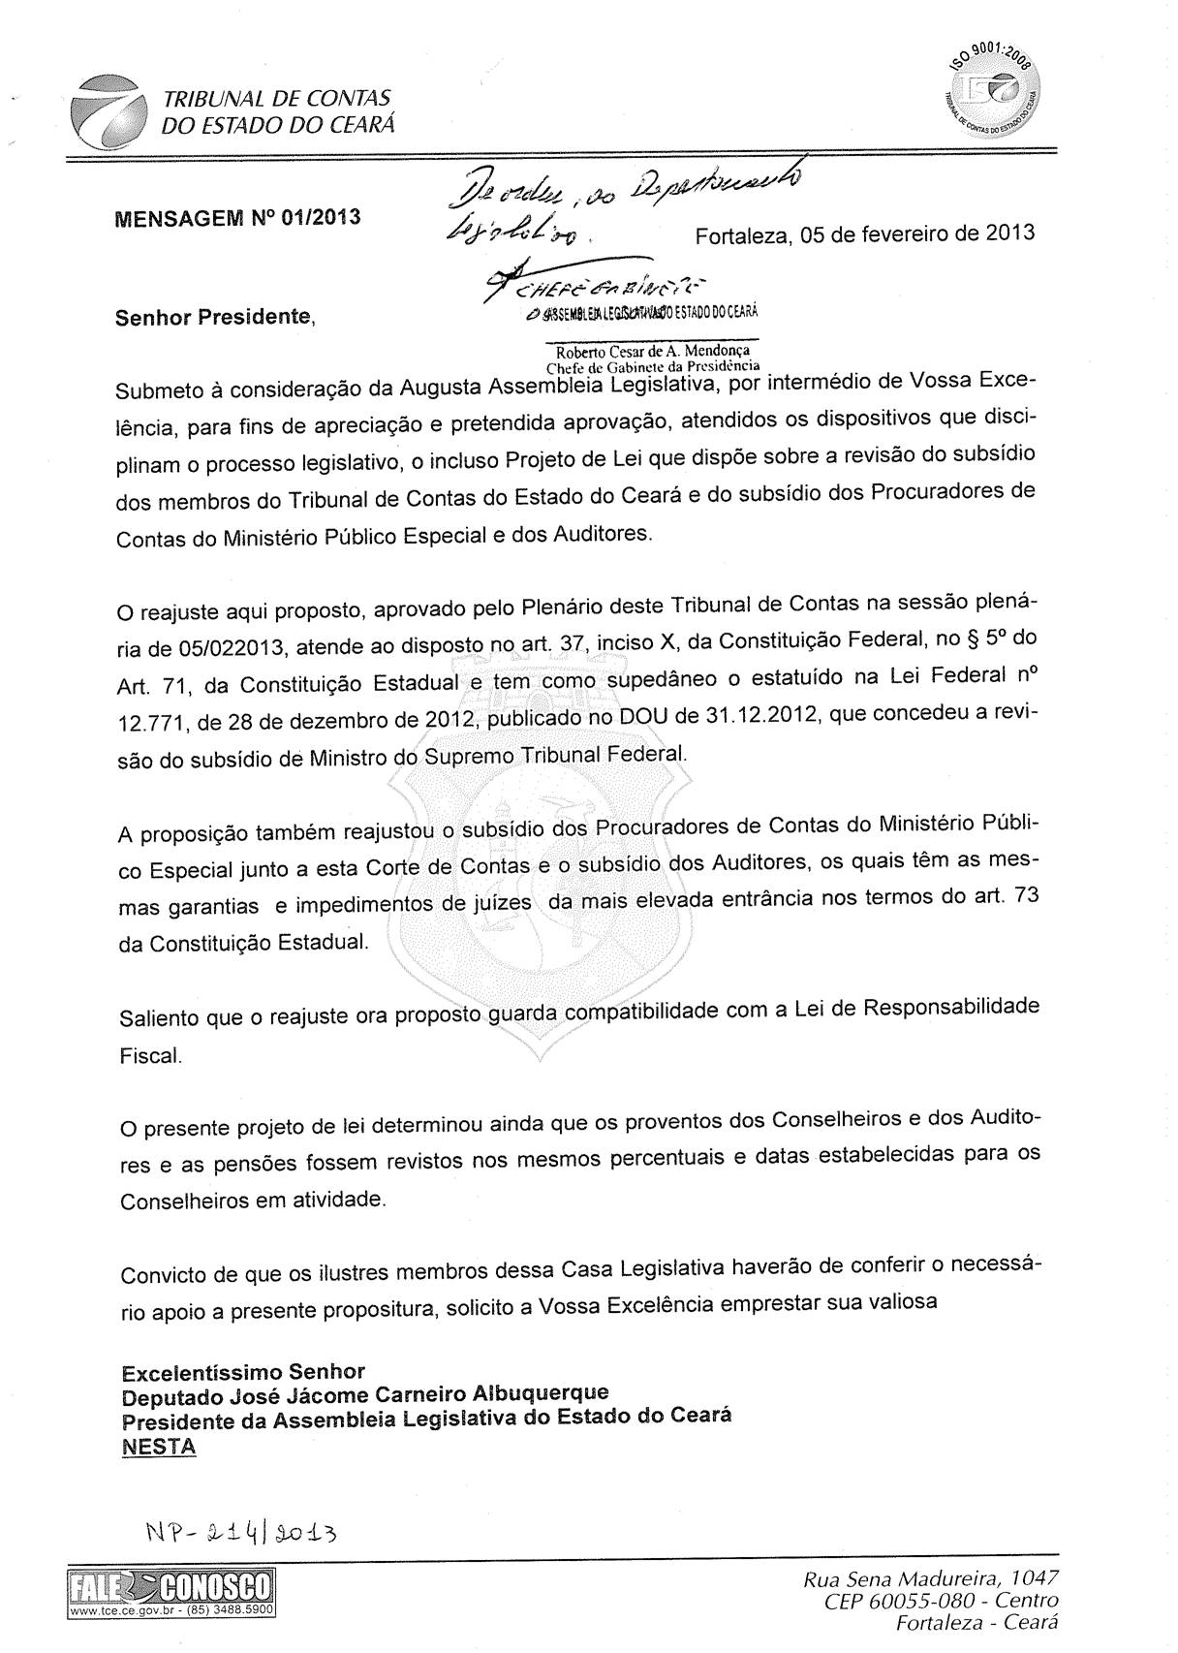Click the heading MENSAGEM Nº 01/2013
[x=238, y=215]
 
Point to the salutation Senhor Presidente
[x=215, y=317]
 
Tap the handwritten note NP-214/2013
[x=241, y=1533]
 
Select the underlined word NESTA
[x=158, y=1447]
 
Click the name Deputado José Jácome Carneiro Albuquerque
[x=365, y=1396]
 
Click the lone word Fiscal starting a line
[x=150, y=1055]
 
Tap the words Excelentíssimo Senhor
[x=242, y=1372]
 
